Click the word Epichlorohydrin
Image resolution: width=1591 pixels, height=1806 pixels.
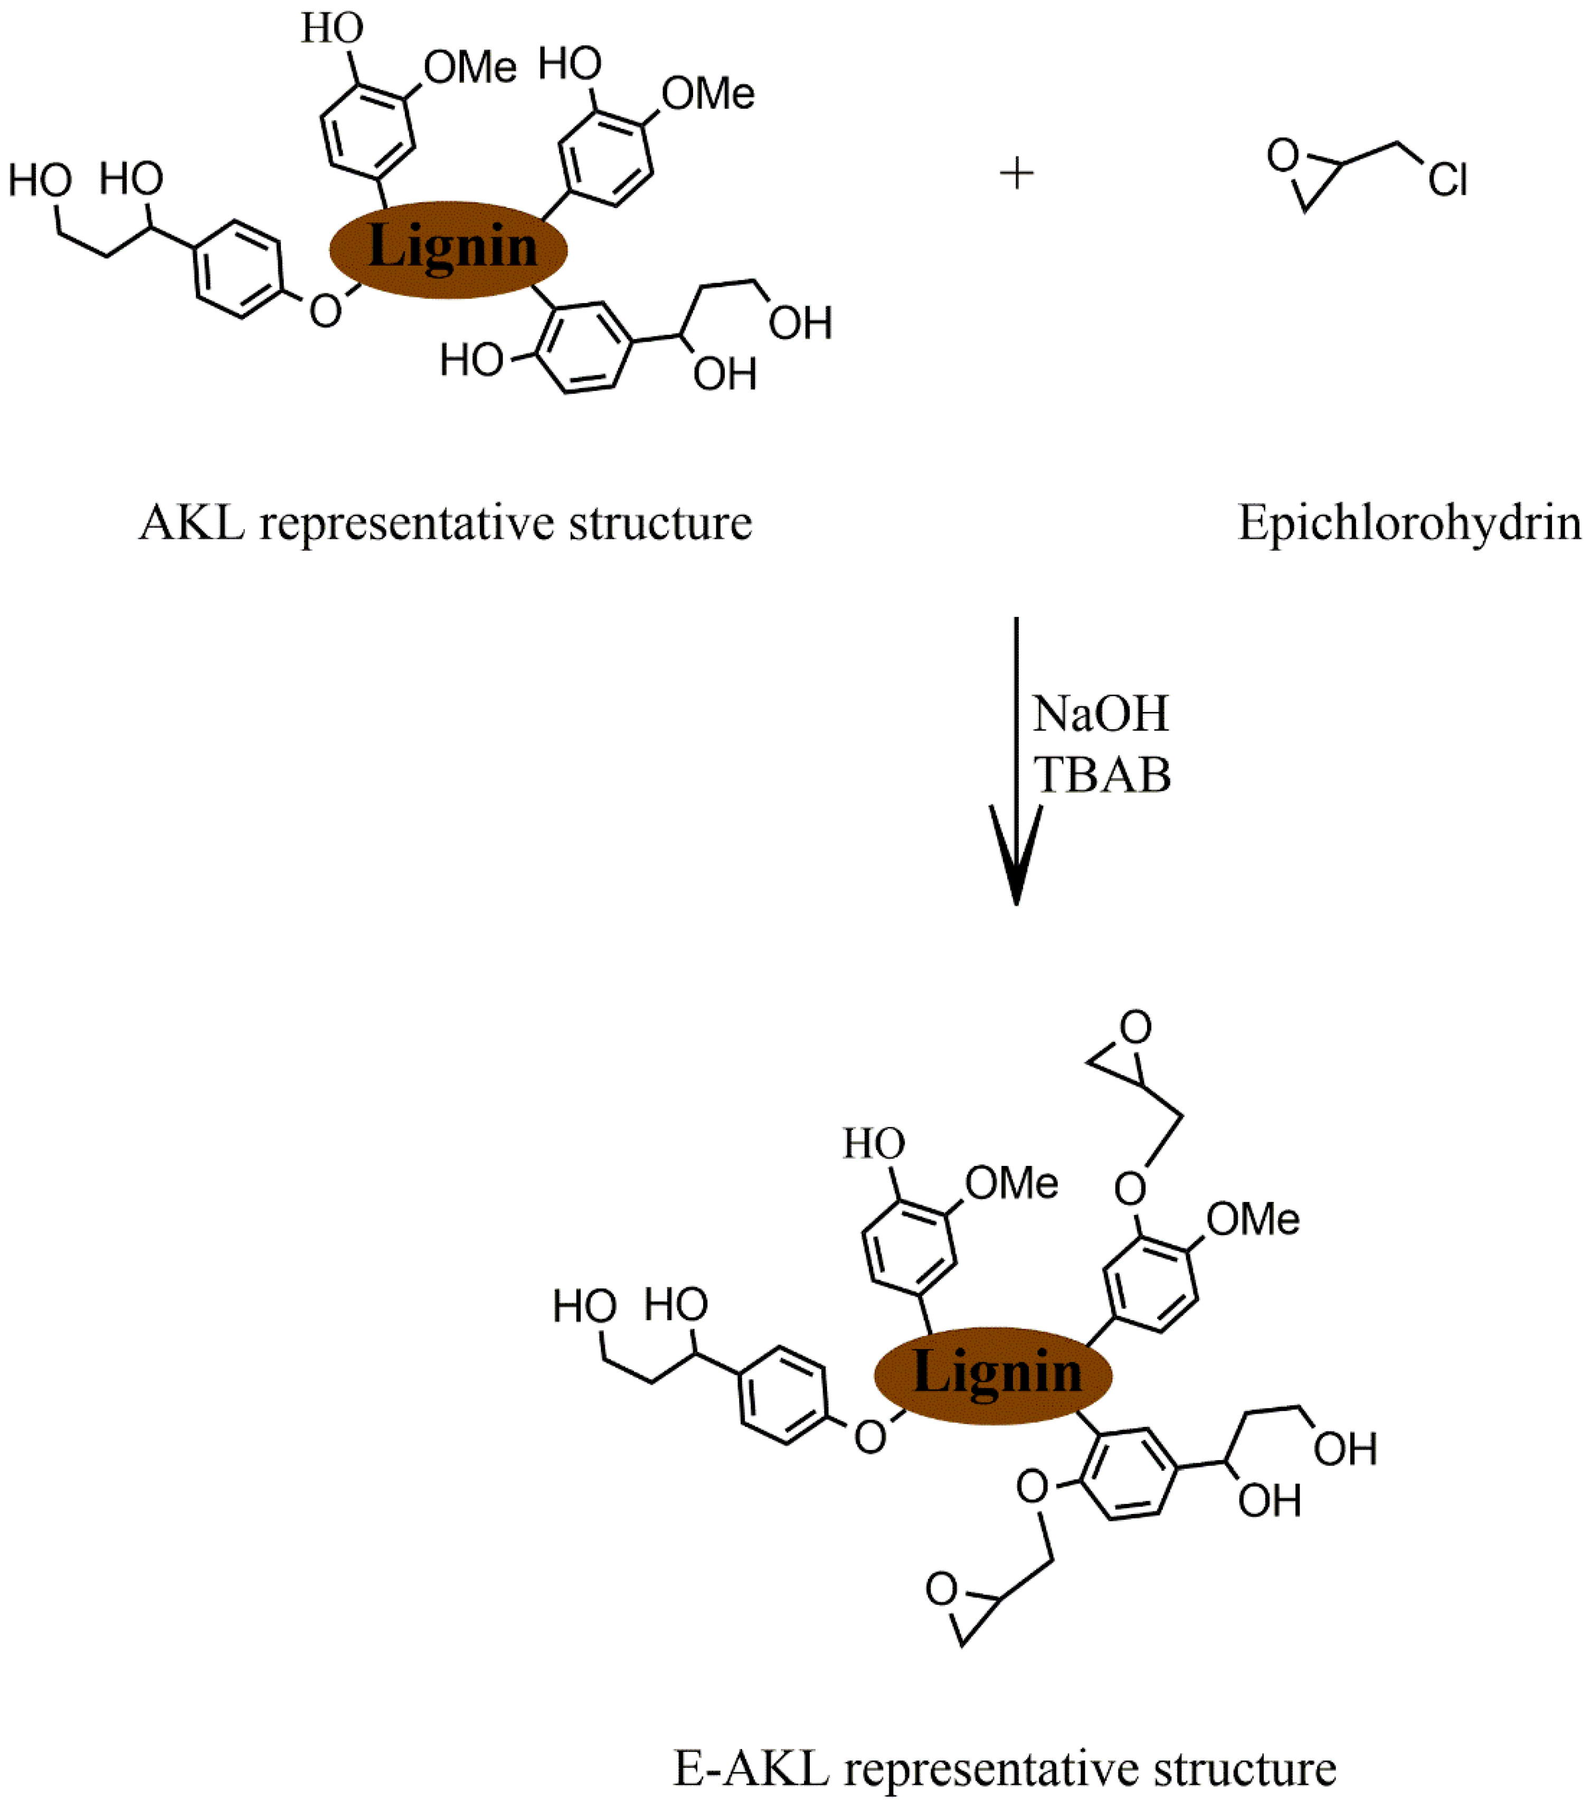click(1409, 523)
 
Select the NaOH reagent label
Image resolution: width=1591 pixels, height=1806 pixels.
click(1100, 714)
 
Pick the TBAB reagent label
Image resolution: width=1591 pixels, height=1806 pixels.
click(1102, 775)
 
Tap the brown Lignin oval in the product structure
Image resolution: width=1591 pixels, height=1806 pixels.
click(993, 1375)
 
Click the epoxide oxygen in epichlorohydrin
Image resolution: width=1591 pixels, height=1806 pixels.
click(1283, 156)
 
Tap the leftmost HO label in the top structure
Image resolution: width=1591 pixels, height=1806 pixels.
click(40, 181)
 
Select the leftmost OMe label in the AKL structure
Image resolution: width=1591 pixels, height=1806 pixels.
click(470, 68)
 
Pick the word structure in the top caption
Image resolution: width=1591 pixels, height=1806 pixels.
click(660, 523)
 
